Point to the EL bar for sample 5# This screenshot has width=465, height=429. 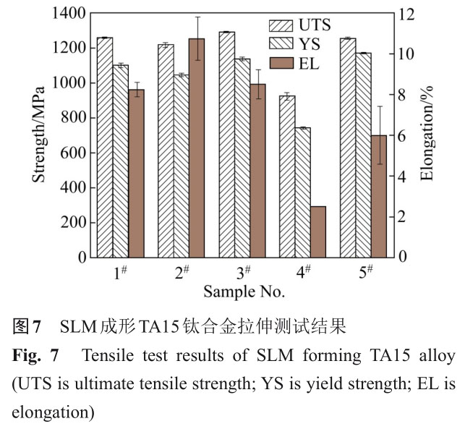click(x=377, y=195)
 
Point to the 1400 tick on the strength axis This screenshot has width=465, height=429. click(x=70, y=14)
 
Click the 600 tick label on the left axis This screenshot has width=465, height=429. click(x=75, y=153)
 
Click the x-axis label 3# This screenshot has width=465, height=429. click(x=244, y=273)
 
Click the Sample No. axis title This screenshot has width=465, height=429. click(x=244, y=293)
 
